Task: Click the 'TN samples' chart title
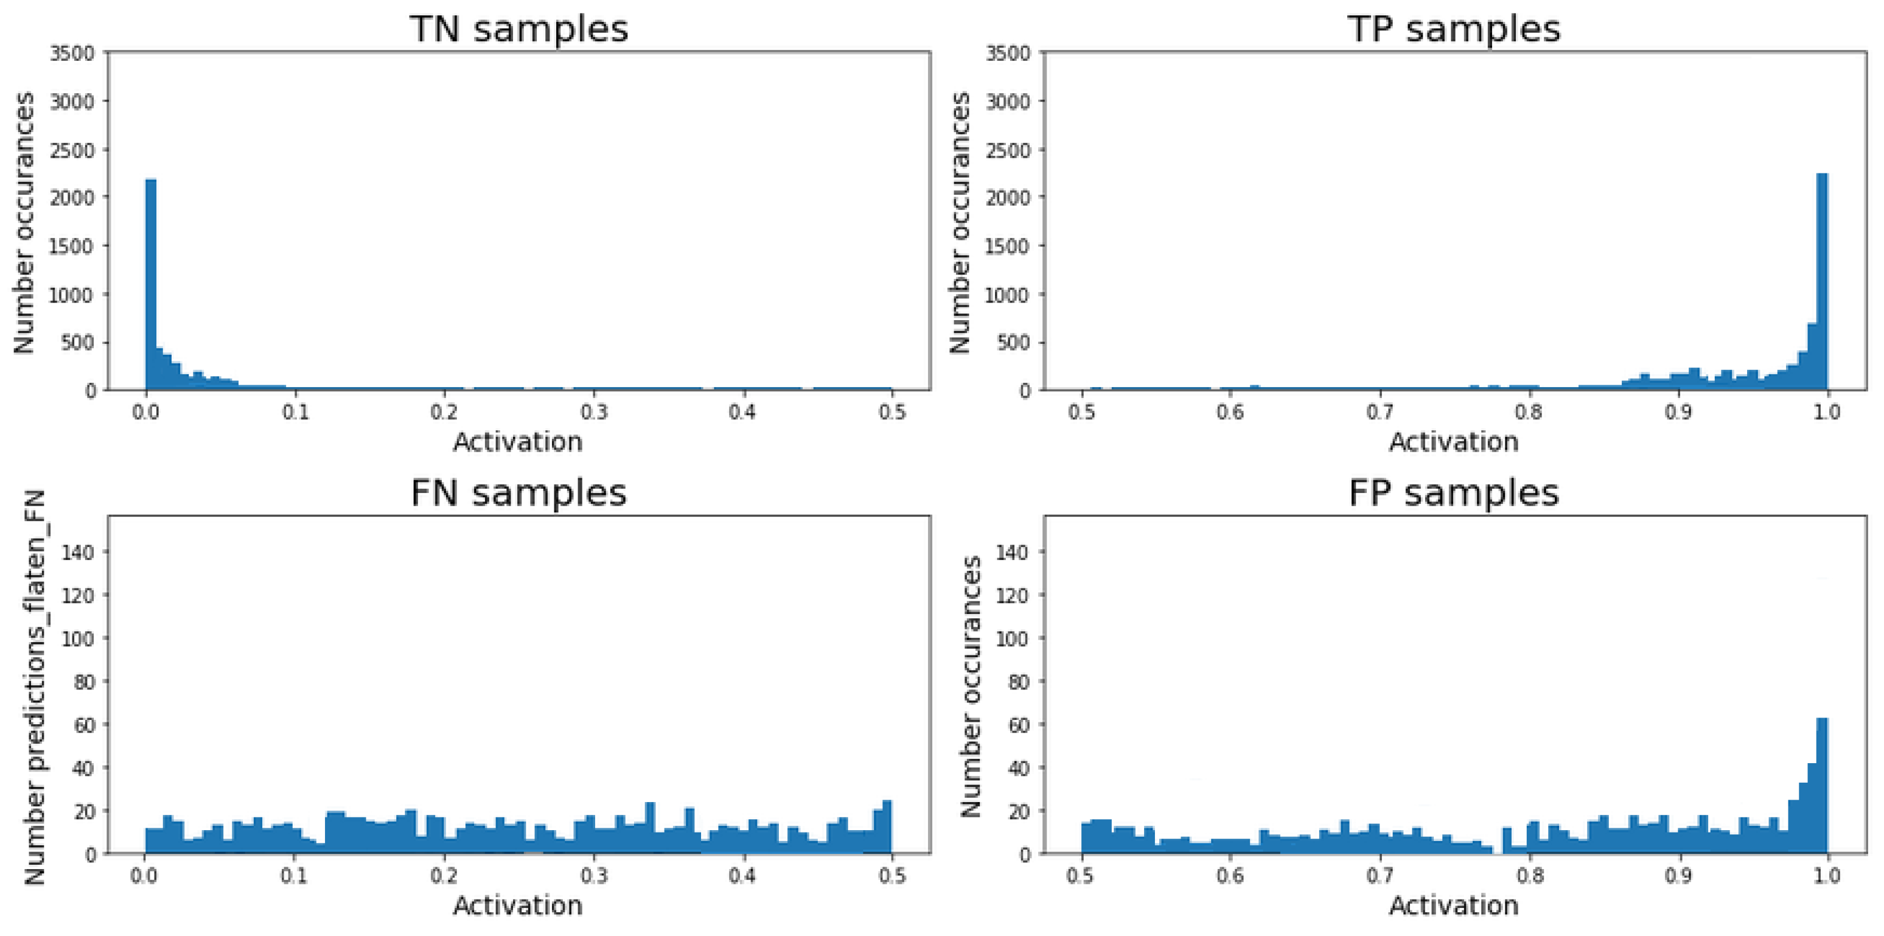pyautogui.click(x=518, y=29)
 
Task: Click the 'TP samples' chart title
pyautogui.click(x=1454, y=29)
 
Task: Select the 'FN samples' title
pyautogui.click(x=518, y=493)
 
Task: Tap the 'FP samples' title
pyautogui.click(x=1454, y=493)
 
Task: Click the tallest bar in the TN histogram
pyautogui.click(x=151, y=285)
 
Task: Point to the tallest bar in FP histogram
pyautogui.click(x=1822, y=786)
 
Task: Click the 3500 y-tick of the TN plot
pyautogui.click(x=72, y=54)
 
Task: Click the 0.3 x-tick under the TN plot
pyautogui.click(x=593, y=413)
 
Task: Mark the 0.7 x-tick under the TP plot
pyautogui.click(x=1380, y=413)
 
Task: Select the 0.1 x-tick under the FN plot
pyautogui.click(x=294, y=876)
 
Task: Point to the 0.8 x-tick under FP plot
pyautogui.click(x=1529, y=876)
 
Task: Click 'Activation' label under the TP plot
pyautogui.click(x=1454, y=442)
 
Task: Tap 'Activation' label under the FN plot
pyautogui.click(x=518, y=906)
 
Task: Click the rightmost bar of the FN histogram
pyautogui.click(x=887, y=827)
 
